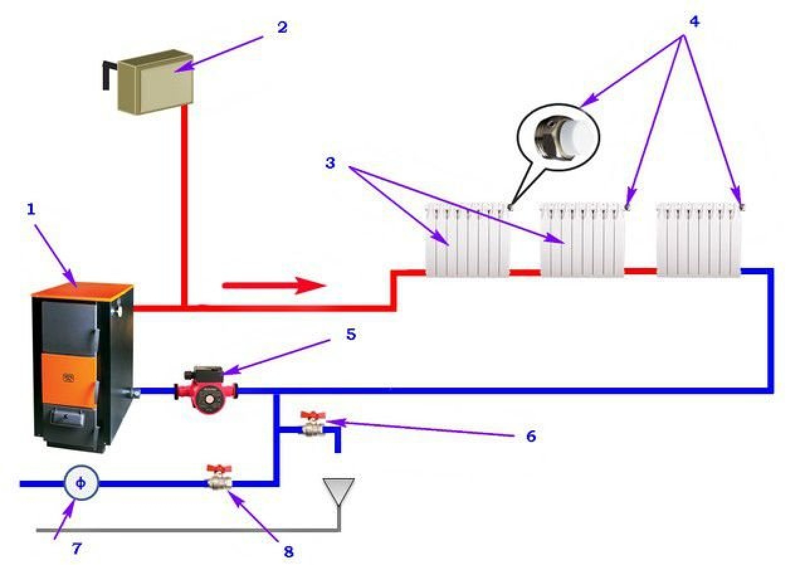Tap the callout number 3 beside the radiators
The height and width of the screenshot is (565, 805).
330,164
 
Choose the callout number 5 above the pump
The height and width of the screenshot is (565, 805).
350,334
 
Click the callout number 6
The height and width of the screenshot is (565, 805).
531,436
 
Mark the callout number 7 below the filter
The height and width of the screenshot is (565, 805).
76,549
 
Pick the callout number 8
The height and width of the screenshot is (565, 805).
288,552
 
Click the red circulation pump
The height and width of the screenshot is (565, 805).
206,390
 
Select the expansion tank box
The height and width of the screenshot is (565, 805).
155,83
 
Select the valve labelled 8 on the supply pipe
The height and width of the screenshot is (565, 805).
219,480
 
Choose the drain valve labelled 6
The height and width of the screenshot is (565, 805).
312,425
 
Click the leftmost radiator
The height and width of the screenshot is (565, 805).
467,240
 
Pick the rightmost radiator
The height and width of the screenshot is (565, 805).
699,240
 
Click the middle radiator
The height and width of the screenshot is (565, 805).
582,240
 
